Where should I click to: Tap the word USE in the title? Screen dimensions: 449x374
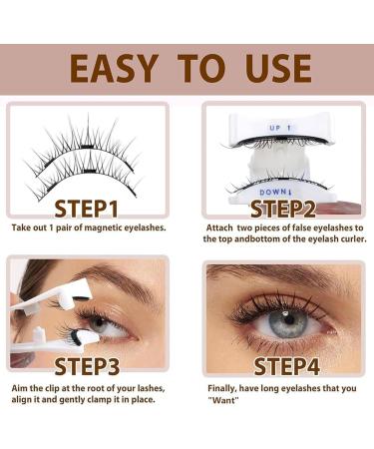[271, 68]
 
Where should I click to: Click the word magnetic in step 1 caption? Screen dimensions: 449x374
[98, 227]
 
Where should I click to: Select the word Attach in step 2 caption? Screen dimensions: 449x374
[220, 227]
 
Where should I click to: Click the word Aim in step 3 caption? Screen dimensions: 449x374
[20, 385]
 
